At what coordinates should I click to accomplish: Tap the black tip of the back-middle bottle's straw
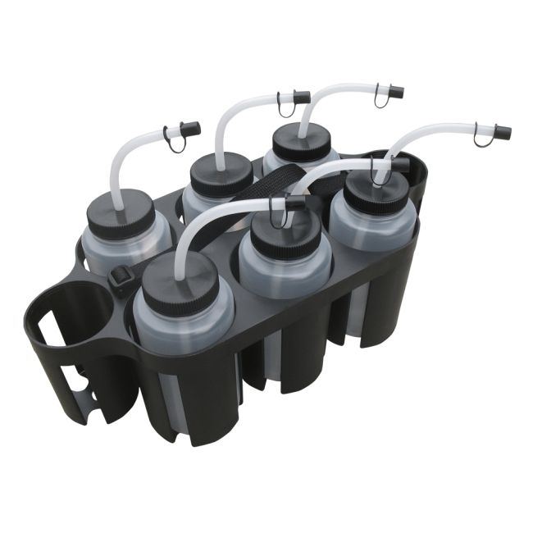301,98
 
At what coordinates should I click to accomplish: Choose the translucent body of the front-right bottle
373,234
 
